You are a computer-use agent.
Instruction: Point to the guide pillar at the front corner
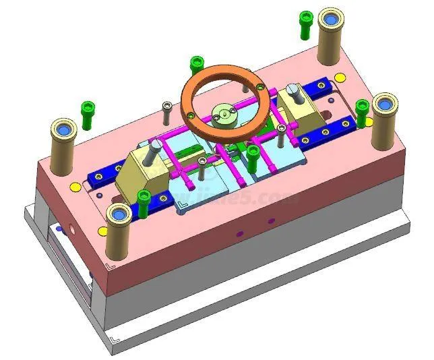[119, 230]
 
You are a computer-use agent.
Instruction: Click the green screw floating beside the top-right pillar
[306, 23]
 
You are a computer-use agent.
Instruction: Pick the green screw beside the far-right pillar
[363, 112]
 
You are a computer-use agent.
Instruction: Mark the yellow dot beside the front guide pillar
[102, 231]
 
